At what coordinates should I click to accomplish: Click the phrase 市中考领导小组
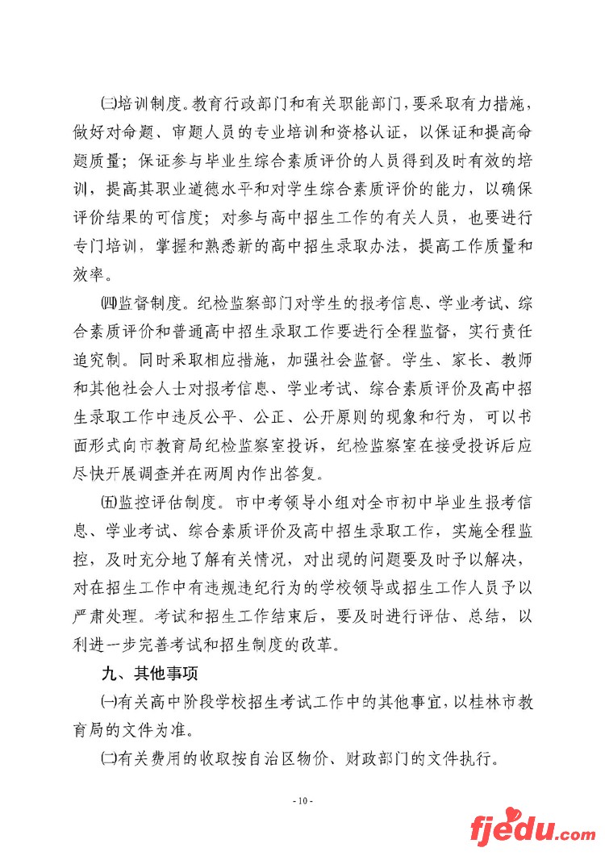tap(290, 505)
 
